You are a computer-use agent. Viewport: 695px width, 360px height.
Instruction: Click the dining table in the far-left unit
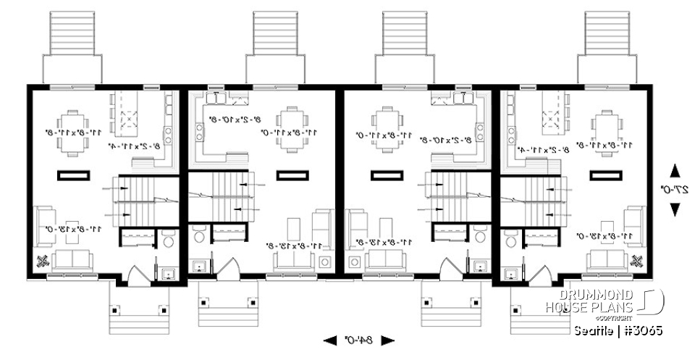coord(73,133)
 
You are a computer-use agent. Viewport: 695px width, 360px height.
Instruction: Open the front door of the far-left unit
coord(138,274)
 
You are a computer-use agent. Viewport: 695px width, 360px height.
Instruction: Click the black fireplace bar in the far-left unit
coord(73,175)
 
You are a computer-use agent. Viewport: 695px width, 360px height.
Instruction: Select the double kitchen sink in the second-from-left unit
coord(216,96)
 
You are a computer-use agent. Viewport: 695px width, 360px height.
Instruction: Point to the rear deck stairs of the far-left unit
coord(73,33)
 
